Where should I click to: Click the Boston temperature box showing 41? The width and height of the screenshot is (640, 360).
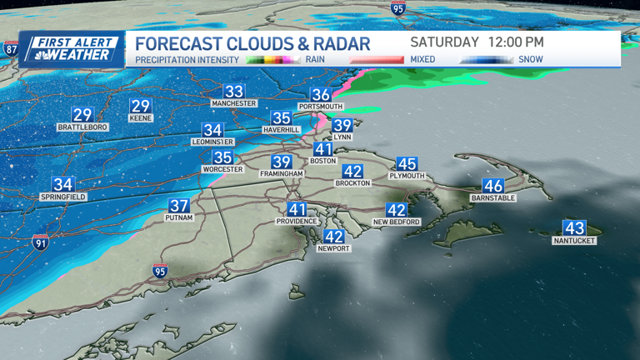(322, 150)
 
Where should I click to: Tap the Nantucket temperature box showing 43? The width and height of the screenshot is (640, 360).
(574, 228)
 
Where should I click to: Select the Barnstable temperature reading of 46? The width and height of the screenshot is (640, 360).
(493, 186)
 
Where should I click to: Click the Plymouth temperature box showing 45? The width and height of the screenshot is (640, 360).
(407, 164)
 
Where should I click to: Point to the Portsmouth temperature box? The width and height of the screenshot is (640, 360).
(320, 95)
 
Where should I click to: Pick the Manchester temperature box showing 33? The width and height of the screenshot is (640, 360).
(234, 92)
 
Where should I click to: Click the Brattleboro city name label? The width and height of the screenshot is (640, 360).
(82, 127)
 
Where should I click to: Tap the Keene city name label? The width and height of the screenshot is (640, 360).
(141, 117)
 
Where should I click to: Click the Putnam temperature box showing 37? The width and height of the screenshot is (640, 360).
(179, 206)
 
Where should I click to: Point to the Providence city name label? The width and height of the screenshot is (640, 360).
(297, 222)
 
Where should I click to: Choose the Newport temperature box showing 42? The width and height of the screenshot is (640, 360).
(333, 237)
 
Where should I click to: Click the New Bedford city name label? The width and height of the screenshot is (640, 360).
(396, 222)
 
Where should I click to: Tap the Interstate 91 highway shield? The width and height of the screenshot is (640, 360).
(40, 243)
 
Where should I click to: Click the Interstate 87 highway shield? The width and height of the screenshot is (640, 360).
(11, 49)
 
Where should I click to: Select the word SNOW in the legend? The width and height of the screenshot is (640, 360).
(530, 59)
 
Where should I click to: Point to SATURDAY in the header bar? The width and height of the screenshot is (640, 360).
(444, 42)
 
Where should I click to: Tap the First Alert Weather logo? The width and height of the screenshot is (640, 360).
(72, 49)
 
